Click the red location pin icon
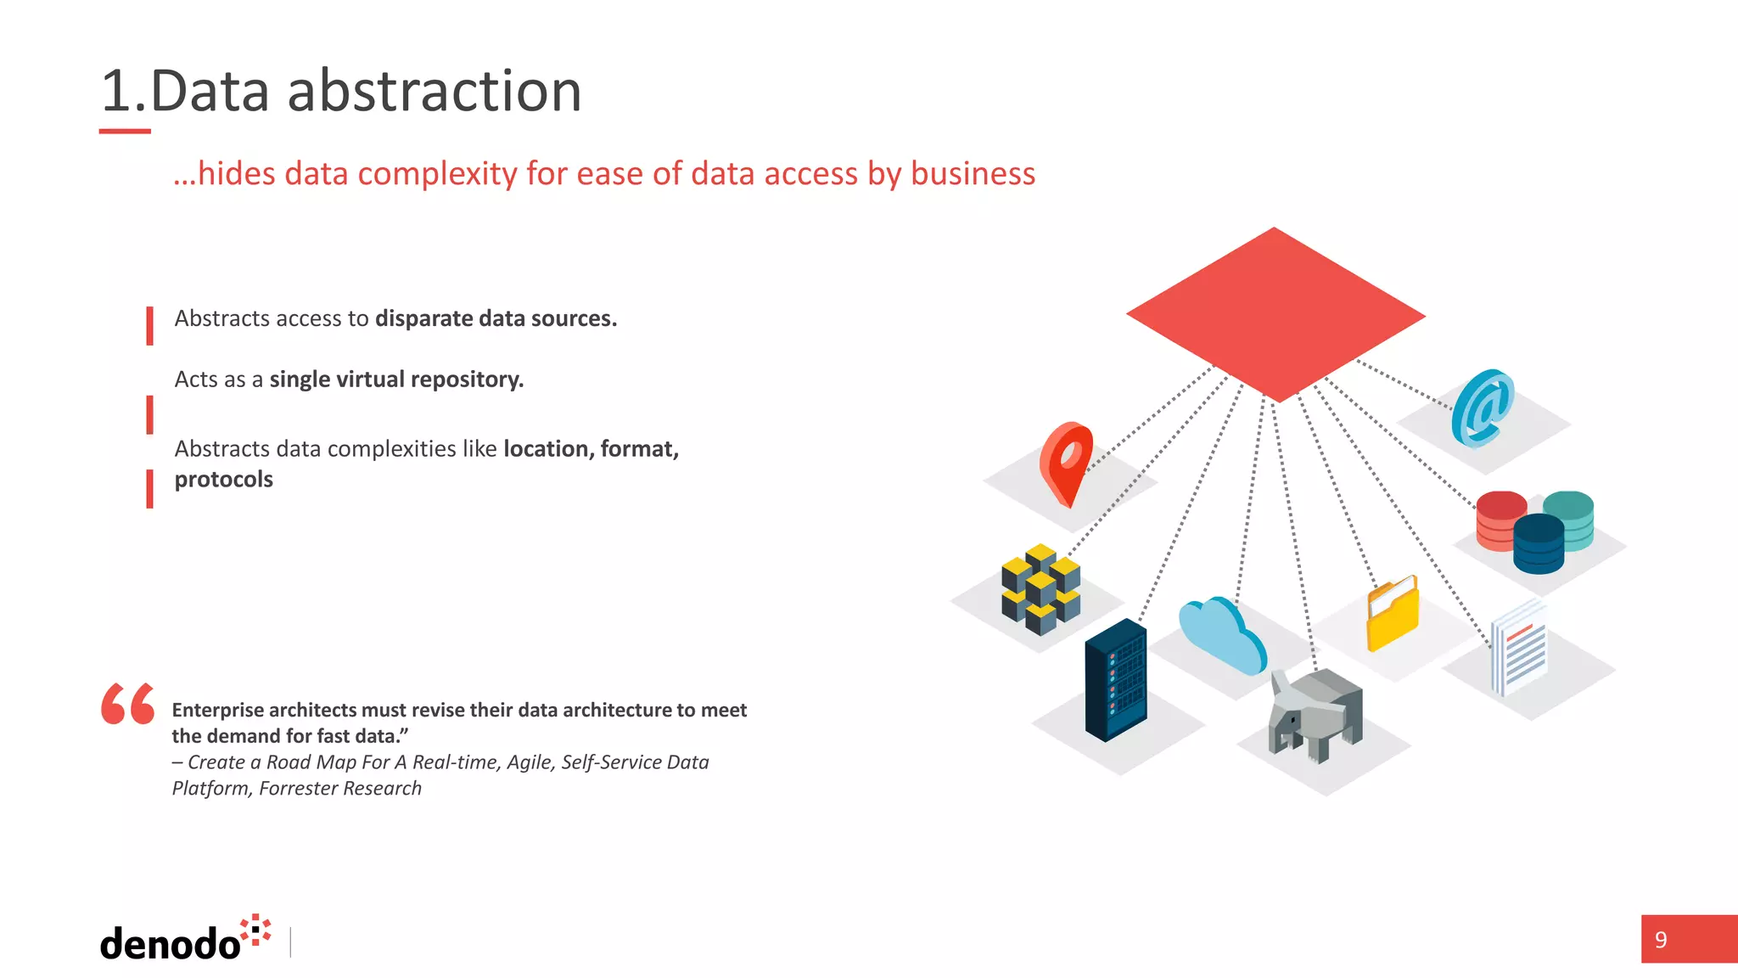click(1066, 463)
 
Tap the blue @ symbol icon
click(1483, 407)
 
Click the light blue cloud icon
click(1222, 635)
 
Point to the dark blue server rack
click(1116, 679)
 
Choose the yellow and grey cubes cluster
click(1040, 589)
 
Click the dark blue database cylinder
click(1539, 543)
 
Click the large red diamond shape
click(1275, 314)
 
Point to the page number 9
click(1661, 940)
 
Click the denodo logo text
click(171, 943)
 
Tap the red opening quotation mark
click(127, 704)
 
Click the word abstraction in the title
click(434, 91)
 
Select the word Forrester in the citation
click(298, 789)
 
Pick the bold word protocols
click(224, 480)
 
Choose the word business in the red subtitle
click(973, 173)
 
